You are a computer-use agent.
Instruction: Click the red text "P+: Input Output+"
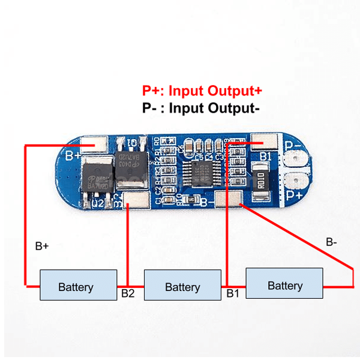pyautogui.click(x=202, y=91)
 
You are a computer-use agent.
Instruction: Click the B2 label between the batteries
pyautogui.click(x=128, y=293)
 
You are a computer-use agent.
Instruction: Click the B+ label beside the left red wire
pyautogui.click(x=42, y=245)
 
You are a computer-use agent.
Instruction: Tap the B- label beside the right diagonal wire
pyautogui.click(x=331, y=242)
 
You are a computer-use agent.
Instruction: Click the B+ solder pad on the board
pyautogui.click(x=94, y=145)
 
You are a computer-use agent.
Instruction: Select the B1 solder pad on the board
pyautogui.click(x=265, y=142)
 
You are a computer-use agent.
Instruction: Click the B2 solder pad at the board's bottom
pyautogui.click(x=136, y=200)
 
